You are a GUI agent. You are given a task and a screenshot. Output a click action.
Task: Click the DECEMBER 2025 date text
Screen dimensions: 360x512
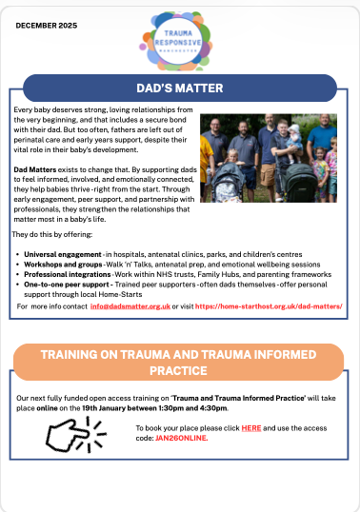[x=47, y=26]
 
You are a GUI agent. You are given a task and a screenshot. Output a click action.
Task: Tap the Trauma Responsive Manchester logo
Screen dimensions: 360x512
[x=177, y=41]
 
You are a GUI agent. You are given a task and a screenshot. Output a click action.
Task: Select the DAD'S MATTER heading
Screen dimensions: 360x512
[x=180, y=89]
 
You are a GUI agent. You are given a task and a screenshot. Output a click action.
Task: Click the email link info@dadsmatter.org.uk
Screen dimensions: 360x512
[x=130, y=306]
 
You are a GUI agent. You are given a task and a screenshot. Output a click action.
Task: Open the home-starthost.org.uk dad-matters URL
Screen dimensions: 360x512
[x=269, y=306]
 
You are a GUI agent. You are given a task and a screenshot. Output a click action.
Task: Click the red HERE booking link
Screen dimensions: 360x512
[x=251, y=428]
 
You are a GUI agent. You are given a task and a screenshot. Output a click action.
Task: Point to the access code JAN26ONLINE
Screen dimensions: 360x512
[x=181, y=438]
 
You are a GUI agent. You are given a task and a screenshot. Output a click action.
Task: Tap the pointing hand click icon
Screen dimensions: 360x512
[x=76, y=434]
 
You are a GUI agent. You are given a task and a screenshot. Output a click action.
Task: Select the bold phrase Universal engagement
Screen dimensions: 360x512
[x=63, y=254]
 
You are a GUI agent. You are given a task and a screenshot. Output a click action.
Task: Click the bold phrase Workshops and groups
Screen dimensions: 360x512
[x=63, y=265]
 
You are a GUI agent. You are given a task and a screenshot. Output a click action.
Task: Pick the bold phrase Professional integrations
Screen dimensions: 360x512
[x=68, y=274]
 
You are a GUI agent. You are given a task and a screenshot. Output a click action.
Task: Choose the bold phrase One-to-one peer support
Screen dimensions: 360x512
[x=69, y=285]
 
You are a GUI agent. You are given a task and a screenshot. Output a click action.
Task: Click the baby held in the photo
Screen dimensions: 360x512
[x=294, y=139]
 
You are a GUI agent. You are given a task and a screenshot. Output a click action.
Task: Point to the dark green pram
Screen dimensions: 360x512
[x=299, y=181]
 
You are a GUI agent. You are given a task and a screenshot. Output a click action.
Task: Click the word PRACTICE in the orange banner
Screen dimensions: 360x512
[x=178, y=370]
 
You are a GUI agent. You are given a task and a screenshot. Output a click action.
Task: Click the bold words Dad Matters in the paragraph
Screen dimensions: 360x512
[x=35, y=169]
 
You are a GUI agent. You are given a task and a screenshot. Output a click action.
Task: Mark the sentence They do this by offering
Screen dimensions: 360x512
[x=52, y=234]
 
